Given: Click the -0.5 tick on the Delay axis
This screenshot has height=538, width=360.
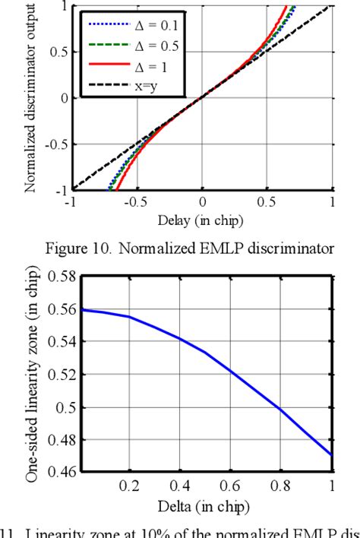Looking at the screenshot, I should tap(135, 203).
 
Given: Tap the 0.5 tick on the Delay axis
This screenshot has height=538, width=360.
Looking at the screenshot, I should tap(267, 203).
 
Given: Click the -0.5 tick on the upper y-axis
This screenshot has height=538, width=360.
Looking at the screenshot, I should tap(57, 144).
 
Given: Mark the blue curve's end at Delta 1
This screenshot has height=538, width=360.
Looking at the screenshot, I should tap(332, 454).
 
